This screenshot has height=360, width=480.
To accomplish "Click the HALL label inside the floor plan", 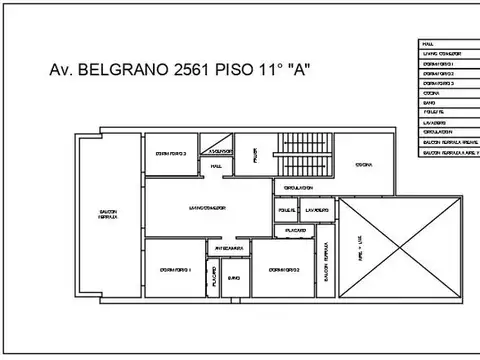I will (x=215, y=167).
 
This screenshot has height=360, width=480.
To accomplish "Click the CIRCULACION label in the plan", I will (x=299, y=187).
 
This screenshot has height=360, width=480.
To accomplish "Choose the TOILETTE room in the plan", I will (x=284, y=211).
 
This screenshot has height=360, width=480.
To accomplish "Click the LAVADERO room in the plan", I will (x=316, y=211).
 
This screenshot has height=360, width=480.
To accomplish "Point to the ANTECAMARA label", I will (x=227, y=248).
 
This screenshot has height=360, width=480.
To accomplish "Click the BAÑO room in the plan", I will (x=234, y=278).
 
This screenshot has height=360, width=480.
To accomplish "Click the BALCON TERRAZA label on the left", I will (x=109, y=214).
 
